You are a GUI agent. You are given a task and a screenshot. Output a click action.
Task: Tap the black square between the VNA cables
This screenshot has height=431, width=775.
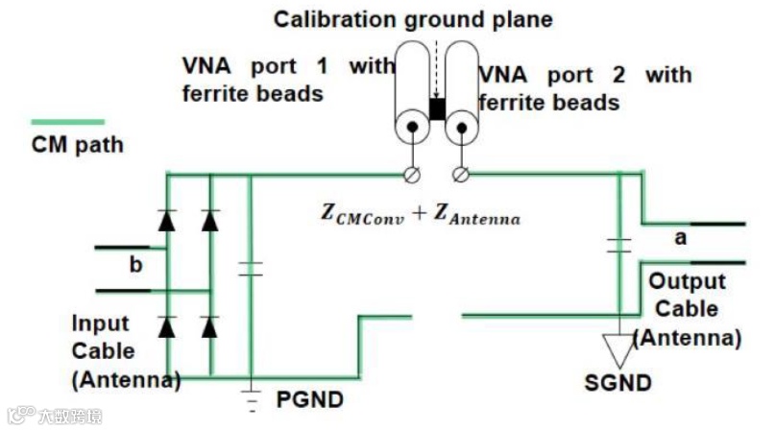[437, 108]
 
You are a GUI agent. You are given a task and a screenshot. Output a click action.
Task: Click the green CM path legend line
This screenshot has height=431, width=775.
[68, 122]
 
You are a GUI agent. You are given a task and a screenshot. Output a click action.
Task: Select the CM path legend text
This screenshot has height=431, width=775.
[77, 146]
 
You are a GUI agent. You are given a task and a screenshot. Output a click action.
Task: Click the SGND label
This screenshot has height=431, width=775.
[618, 382]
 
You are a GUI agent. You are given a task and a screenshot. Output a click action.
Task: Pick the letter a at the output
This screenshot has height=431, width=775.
[680, 238]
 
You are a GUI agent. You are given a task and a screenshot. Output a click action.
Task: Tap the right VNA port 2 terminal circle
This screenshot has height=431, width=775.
[461, 174]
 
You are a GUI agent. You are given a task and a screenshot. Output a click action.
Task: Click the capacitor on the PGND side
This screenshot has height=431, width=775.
[251, 269]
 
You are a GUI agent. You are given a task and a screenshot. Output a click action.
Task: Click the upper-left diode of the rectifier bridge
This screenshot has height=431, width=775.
[167, 221]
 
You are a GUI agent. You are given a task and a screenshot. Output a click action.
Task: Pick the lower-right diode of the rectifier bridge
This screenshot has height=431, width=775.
[209, 326]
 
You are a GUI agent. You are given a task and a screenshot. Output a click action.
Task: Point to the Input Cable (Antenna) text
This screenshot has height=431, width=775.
[125, 351]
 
